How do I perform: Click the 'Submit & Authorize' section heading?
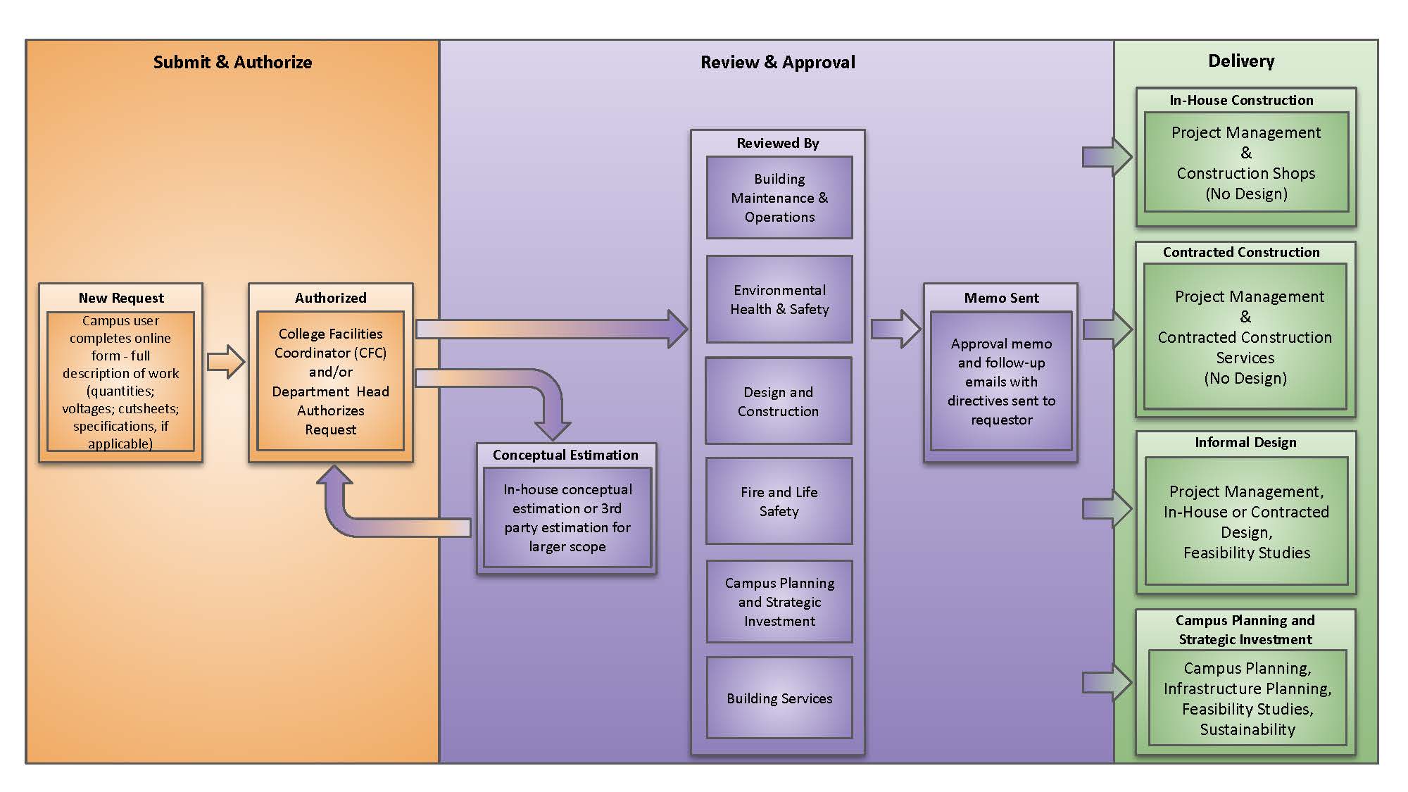click(x=232, y=62)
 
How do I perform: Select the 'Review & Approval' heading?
click(x=777, y=62)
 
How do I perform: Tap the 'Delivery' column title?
click(x=1240, y=61)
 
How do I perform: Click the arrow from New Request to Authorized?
click(x=226, y=362)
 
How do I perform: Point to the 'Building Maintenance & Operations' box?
click(x=779, y=198)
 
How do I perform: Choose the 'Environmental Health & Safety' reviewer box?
click(x=779, y=299)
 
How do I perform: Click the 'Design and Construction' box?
click(x=778, y=401)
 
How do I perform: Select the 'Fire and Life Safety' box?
click(x=779, y=501)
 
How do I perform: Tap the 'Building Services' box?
click(x=779, y=698)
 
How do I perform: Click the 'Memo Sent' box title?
click(x=1001, y=298)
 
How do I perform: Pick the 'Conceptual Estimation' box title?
click(x=565, y=455)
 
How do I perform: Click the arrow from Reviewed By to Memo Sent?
click(x=895, y=329)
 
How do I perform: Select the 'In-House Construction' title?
click(x=1241, y=100)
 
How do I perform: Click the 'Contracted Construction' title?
click(x=1241, y=252)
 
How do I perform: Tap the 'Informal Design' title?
click(x=1245, y=442)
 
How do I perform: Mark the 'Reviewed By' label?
click(x=777, y=143)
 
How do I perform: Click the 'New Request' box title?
click(x=121, y=298)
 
